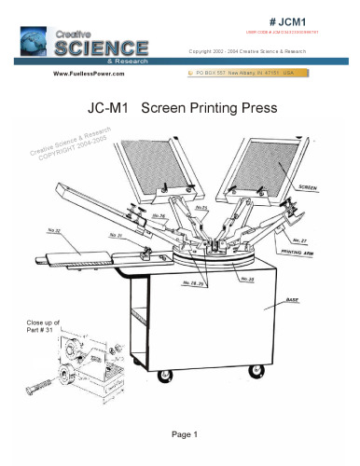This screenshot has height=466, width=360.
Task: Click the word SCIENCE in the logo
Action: (x=101, y=47)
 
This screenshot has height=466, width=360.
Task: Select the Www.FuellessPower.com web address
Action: (x=91, y=72)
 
